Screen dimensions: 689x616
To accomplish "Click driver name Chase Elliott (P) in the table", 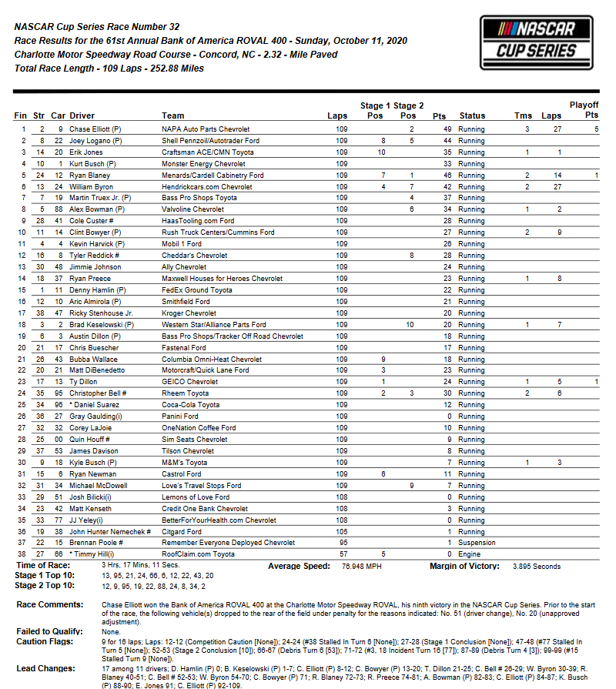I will pos(95,129).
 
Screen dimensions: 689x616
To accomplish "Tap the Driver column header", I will pos(82,116).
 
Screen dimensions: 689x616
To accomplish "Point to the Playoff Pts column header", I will pos(584,109).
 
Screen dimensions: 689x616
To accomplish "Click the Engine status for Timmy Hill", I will pos(469,553).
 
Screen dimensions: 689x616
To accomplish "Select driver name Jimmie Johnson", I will pos(95,267).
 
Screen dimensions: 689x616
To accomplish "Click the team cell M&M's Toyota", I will pos(184,463).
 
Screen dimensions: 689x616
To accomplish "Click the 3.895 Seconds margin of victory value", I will pos(536,566).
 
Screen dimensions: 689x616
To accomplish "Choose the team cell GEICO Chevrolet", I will pos(189,382).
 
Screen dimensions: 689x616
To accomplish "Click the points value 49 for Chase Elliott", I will pos(447,129).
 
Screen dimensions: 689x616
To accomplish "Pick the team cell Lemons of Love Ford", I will pos(196,497).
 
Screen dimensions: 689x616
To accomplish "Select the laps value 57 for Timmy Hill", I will pos(342,553).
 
